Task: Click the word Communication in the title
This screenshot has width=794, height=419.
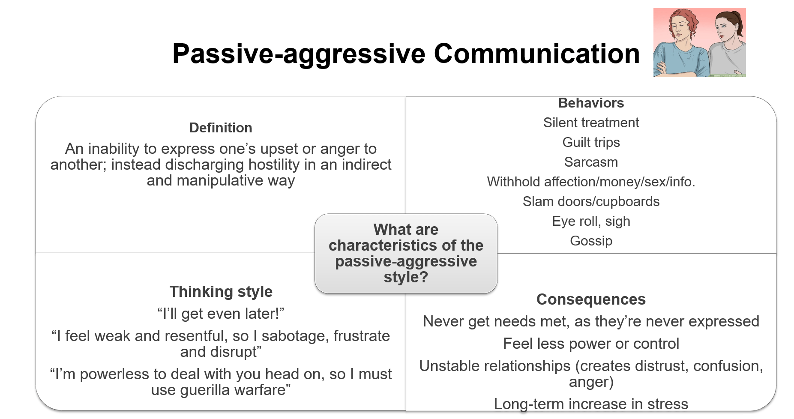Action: [536, 54]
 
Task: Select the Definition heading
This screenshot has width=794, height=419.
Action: [221, 128]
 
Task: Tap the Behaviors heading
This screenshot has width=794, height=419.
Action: [591, 103]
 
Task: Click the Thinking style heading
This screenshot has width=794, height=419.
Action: [221, 292]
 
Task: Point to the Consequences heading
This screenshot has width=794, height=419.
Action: [591, 299]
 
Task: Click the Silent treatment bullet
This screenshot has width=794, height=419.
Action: [591, 123]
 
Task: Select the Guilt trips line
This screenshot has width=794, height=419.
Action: [591, 142]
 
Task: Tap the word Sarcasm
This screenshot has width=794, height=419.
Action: [591, 162]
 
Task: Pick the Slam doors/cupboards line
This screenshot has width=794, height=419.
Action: [591, 201]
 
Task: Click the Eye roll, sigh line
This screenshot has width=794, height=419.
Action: [591, 221]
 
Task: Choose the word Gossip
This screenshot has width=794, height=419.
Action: [591, 241]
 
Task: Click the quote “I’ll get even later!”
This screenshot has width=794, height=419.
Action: [221, 314]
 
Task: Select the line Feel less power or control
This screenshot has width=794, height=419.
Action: [591, 344]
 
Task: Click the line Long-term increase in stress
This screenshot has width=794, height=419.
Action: [591, 404]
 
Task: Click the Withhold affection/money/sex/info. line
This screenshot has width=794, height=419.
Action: [591, 182]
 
